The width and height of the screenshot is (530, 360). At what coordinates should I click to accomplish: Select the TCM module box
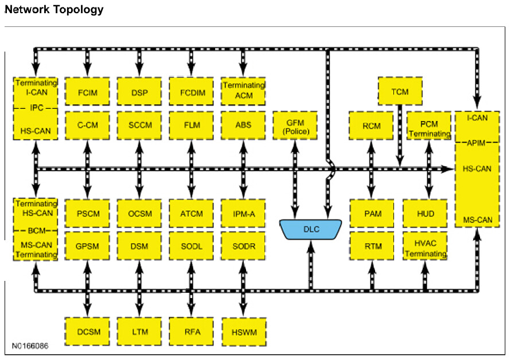pos(400,91)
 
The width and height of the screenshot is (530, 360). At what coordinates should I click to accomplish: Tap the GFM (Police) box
pos(295,127)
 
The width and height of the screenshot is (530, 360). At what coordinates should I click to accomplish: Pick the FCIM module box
pos(87,91)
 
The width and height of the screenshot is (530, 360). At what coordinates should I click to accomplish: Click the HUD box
pos(425,214)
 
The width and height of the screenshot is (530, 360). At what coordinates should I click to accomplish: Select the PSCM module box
pos(87,214)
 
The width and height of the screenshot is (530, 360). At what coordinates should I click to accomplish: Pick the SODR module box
pos(243,246)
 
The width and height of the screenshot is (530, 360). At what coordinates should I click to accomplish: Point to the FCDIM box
pos(191,91)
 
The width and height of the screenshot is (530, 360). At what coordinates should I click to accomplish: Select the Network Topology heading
pos(54,9)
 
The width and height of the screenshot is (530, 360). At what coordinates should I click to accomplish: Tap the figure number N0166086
pos(30,346)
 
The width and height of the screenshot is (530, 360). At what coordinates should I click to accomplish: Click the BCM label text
pos(36,230)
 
